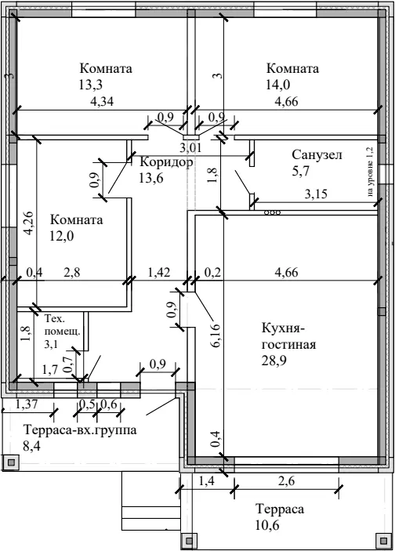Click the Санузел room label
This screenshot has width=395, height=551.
pos(317,154)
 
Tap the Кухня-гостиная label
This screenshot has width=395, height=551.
pos(288,336)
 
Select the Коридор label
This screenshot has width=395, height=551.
pos(167,162)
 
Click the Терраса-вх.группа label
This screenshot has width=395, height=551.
pos(80,430)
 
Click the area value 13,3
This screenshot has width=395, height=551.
pos(91,85)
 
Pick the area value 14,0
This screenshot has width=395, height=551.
pos(278,85)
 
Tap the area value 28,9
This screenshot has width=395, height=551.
pos(274,361)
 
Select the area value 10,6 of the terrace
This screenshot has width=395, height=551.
pos(267,526)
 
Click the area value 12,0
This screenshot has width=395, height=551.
pos(62,236)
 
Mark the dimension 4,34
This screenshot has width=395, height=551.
pos(102,102)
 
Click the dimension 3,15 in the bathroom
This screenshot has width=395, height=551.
pos(316,194)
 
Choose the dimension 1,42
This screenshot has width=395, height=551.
pos(158,272)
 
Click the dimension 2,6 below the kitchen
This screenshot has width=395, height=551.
pos(286,481)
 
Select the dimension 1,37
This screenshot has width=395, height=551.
pos(27,404)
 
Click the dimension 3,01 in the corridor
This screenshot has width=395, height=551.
pos(190,147)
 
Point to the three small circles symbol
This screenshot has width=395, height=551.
pos(273,212)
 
